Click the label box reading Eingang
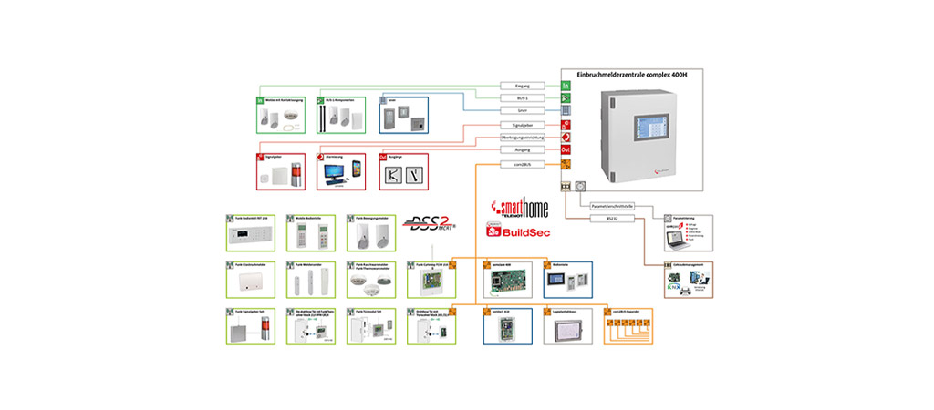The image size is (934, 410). (x=523, y=86)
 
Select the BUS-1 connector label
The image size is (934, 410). (x=523, y=98)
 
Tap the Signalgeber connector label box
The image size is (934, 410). (x=523, y=125)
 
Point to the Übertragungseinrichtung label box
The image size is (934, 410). (x=523, y=138)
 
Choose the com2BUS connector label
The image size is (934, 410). (x=523, y=164)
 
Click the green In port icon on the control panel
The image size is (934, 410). (x=566, y=86)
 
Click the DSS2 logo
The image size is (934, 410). (x=425, y=224)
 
